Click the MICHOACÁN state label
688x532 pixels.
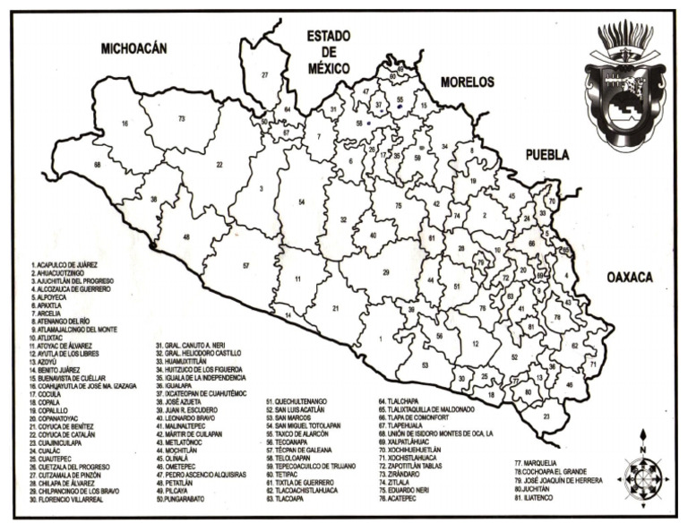pyautogui.click(x=134, y=49)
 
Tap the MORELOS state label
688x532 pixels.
pyautogui.click(x=467, y=82)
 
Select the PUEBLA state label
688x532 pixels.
pyautogui.click(x=546, y=154)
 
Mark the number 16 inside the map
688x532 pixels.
pyautogui.click(x=125, y=124)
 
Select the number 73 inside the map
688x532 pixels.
pyautogui.click(x=181, y=118)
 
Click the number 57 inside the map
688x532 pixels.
pyautogui.click(x=245, y=267)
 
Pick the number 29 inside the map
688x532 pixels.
pyautogui.click(x=386, y=271)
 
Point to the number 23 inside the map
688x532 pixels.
pyautogui.click(x=546, y=416)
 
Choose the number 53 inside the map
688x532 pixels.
pyautogui.click(x=425, y=365)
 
